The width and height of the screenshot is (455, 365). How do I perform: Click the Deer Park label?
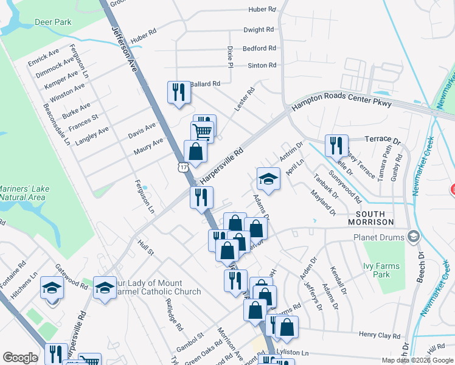coord(54,23)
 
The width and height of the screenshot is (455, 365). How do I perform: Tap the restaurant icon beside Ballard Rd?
coord(178,92)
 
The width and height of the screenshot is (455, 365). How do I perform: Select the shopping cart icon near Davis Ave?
coord(202,130)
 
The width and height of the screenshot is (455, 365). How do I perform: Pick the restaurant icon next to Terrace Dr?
coord(336,145)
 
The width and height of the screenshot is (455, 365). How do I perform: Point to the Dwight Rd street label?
coord(259,29)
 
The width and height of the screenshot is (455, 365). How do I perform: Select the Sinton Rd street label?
coord(262,65)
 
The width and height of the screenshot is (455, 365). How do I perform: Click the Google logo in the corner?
coord(21,358)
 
